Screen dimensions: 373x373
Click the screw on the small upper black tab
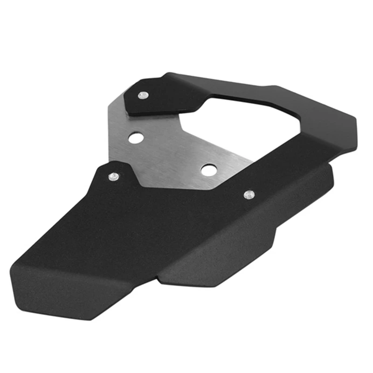click(x=142, y=95)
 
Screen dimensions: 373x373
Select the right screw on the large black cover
click(x=249, y=194)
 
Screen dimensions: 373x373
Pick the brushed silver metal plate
click(x=168, y=149)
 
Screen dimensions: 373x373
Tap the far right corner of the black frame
click(x=357, y=135)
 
